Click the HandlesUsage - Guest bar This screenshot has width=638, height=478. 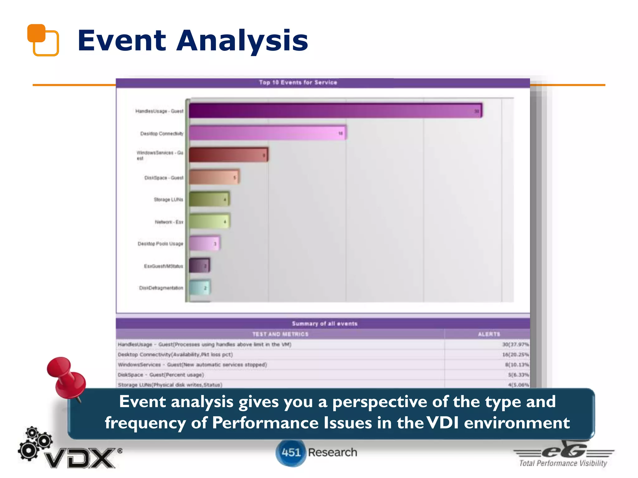pyautogui.click(x=335, y=111)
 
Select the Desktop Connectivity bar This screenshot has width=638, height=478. pyautogui.click(x=267, y=133)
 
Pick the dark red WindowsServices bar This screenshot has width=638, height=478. pyautogui.click(x=228, y=155)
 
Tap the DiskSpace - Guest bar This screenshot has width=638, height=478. pyautogui.click(x=214, y=177)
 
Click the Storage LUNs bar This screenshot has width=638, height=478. pyautogui.click(x=209, y=199)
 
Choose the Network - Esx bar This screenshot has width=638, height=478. pyautogui.click(x=209, y=222)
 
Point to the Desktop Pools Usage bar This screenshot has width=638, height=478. pyautogui.click(x=204, y=243)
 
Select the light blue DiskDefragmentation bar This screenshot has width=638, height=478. pyautogui.click(x=200, y=288)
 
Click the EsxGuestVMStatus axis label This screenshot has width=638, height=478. pyautogui.click(x=163, y=266)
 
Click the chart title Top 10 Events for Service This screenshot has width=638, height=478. pyautogui.click(x=298, y=82)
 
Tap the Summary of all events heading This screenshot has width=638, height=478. pyautogui.click(x=324, y=324)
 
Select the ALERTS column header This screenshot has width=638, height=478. pyautogui.click(x=488, y=334)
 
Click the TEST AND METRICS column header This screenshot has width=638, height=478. pyautogui.click(x=280, y=334)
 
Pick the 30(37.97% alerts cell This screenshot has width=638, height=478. pyautogui.click(x=515, y=344)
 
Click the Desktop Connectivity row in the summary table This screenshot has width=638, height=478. pyautogui.click(x=175, y=355)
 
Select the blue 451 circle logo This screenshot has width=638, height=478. pyautogui.click(x=290, y=452)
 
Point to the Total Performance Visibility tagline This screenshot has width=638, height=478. pyautogui.click(x=563, y=463)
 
